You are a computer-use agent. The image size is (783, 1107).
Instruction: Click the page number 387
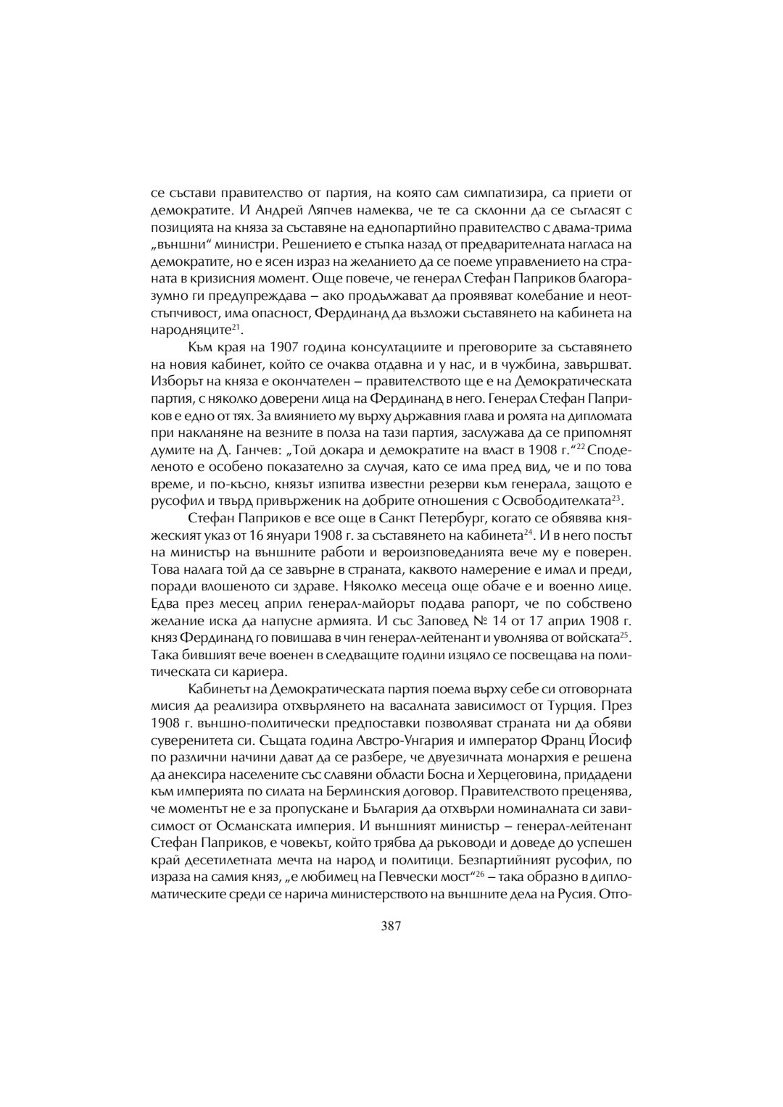pos(391,925)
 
